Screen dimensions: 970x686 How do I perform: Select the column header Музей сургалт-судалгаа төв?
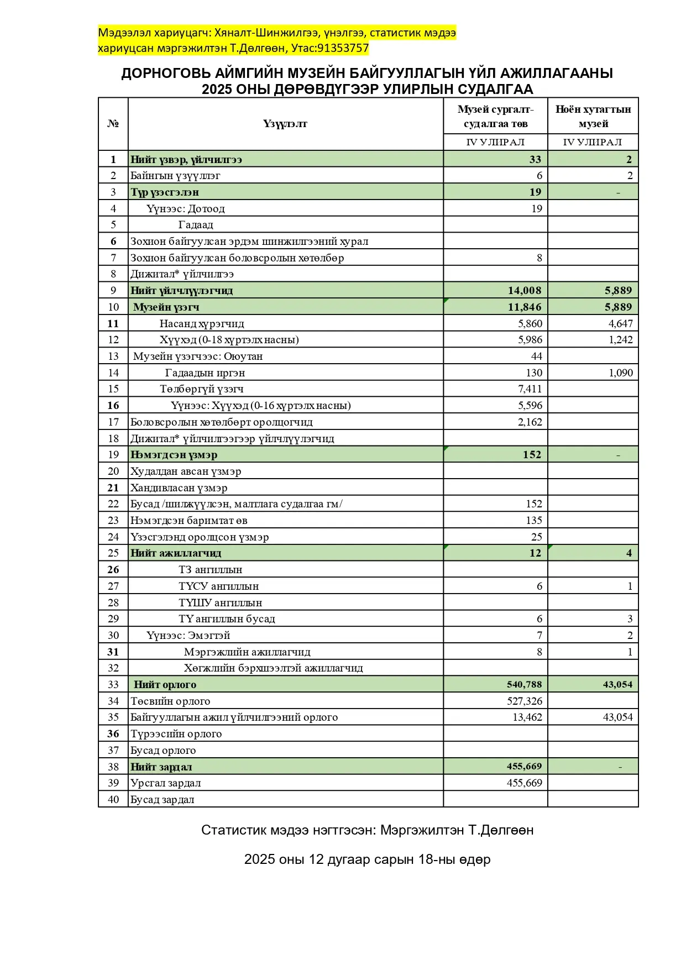pyautogui.click(x=495, y=117)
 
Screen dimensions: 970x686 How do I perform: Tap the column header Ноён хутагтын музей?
pyautogui.click(x=593, y=117)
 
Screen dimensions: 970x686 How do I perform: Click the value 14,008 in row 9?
pyautogui.click(x=525, y=291)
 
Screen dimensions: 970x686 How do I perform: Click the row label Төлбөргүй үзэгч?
pyautogui.click(x=202, y=389)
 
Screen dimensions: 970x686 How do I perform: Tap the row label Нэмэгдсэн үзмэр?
pyautogui.click(x=174, y=455)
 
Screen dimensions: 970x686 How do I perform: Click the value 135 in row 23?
pyautogui.click(x=533, y=520)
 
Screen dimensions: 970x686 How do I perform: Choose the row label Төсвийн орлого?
pyautogui.click(x=170, y=701)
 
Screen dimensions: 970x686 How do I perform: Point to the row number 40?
pyautogui.click(x=113, y=799)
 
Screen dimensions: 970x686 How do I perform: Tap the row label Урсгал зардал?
pyautogui.click(x=165, y=783)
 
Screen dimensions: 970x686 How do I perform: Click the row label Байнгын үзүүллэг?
pyautogui.click(x=175, y=176)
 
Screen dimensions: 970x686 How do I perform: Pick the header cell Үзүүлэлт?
pyautogui.click(x=285, y=124)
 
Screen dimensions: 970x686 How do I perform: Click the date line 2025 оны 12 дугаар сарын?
pyautogui.click(x=367, y=859)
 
